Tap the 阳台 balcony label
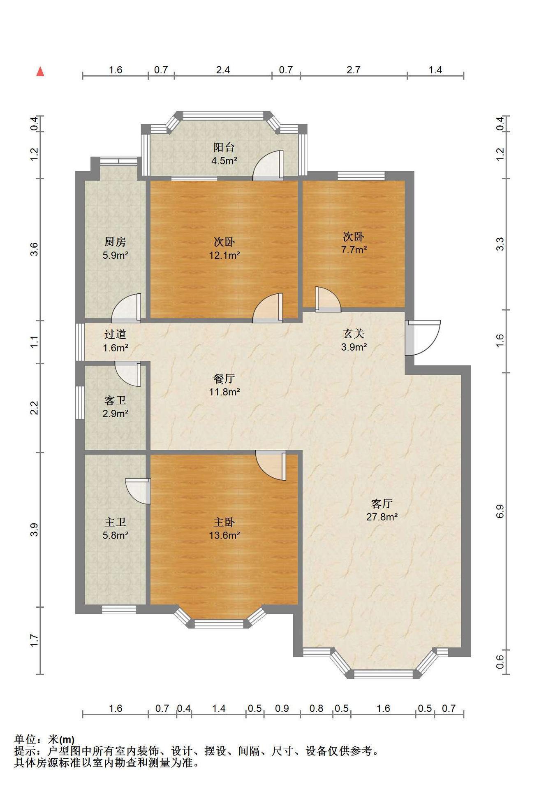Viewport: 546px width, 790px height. coord(224,147)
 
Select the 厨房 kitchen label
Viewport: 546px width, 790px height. coord(115,242)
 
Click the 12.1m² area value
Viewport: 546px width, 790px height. coord(224,255)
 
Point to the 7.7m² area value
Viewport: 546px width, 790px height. coord(354,249)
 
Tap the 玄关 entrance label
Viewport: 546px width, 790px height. coord(354,333)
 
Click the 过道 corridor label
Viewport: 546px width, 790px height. coord(115,334)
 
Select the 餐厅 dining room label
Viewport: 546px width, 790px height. coord(224,378)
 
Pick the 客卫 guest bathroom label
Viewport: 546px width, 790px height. coord(115,400)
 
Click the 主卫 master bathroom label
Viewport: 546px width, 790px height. coord(115,522)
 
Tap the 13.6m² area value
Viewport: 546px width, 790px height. coord(224,535)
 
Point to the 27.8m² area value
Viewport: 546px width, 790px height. coord(382,517)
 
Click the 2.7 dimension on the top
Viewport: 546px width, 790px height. coord(353,70)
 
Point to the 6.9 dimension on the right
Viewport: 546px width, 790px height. coord(500,511)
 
